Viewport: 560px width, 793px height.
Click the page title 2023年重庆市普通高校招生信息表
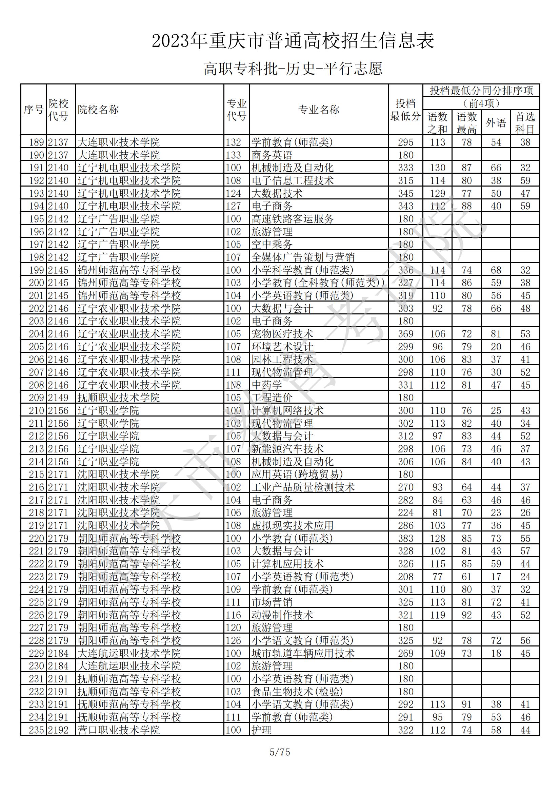pyautogui.click(x=293, y=41)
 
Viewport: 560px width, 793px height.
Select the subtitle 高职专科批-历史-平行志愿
pyautogui.click(x=293, y=69)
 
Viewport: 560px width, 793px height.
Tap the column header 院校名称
pyautogui.click(x=98, y=110)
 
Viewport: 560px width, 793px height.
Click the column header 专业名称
pyautogui.click(x=318, y=110)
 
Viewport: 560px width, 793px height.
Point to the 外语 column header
pyautogui.click(x=496, y=122)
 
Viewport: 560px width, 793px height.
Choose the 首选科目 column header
pyautogui.click(x=525, y=122)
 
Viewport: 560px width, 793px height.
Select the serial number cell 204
pyautogui.click(x=36, y=334)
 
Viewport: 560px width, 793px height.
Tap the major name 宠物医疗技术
pyautogui.click(x=282, y=334)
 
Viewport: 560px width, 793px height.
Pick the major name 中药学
pyautogui.click(x=266, y=385)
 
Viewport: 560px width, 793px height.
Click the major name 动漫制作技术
pyautogui.click(x=282, y=615)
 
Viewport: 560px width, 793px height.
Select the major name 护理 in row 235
pyautogui.click(x=261, y=730)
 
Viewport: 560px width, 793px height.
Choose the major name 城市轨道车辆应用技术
pyautogui.click(x=303, y=654)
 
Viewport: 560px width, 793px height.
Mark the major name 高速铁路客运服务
pyautogui.click(x=293, y=219)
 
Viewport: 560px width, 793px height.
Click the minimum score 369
pyautogui.click(x=405, y=334)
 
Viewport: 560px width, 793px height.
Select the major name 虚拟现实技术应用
pyautogui.click(x=293, y=526)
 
